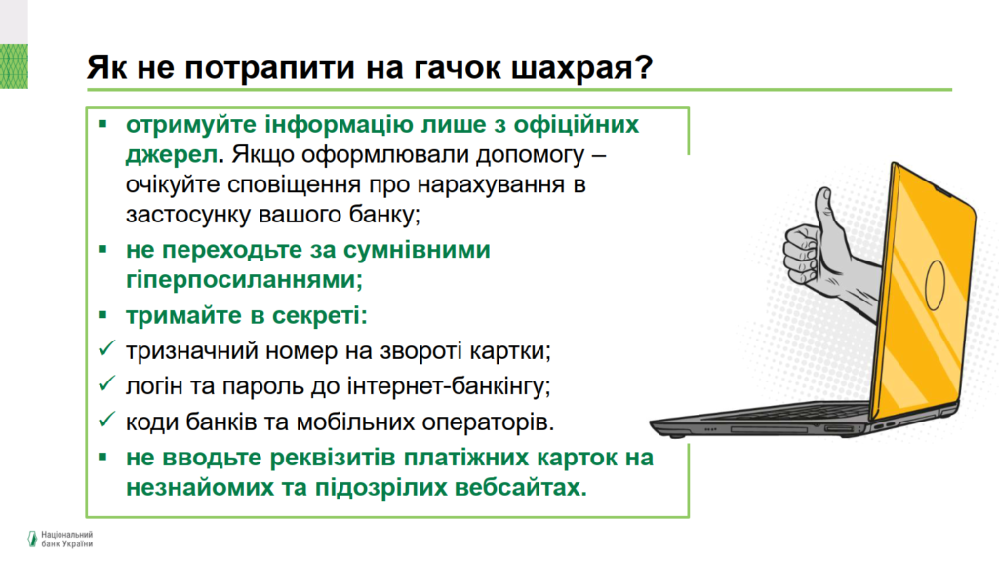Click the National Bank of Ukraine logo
(60, 539)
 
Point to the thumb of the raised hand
(826, 217)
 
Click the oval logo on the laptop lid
(936, 285)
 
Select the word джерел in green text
(172, 154)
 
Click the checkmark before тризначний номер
(106, 348)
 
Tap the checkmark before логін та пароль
(106, 383)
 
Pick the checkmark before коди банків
(106, 420)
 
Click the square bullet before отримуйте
(103, 124)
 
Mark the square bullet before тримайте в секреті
(103, 315)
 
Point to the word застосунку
(188, 214)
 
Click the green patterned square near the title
(14, 66)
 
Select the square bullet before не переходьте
(103, 249)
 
